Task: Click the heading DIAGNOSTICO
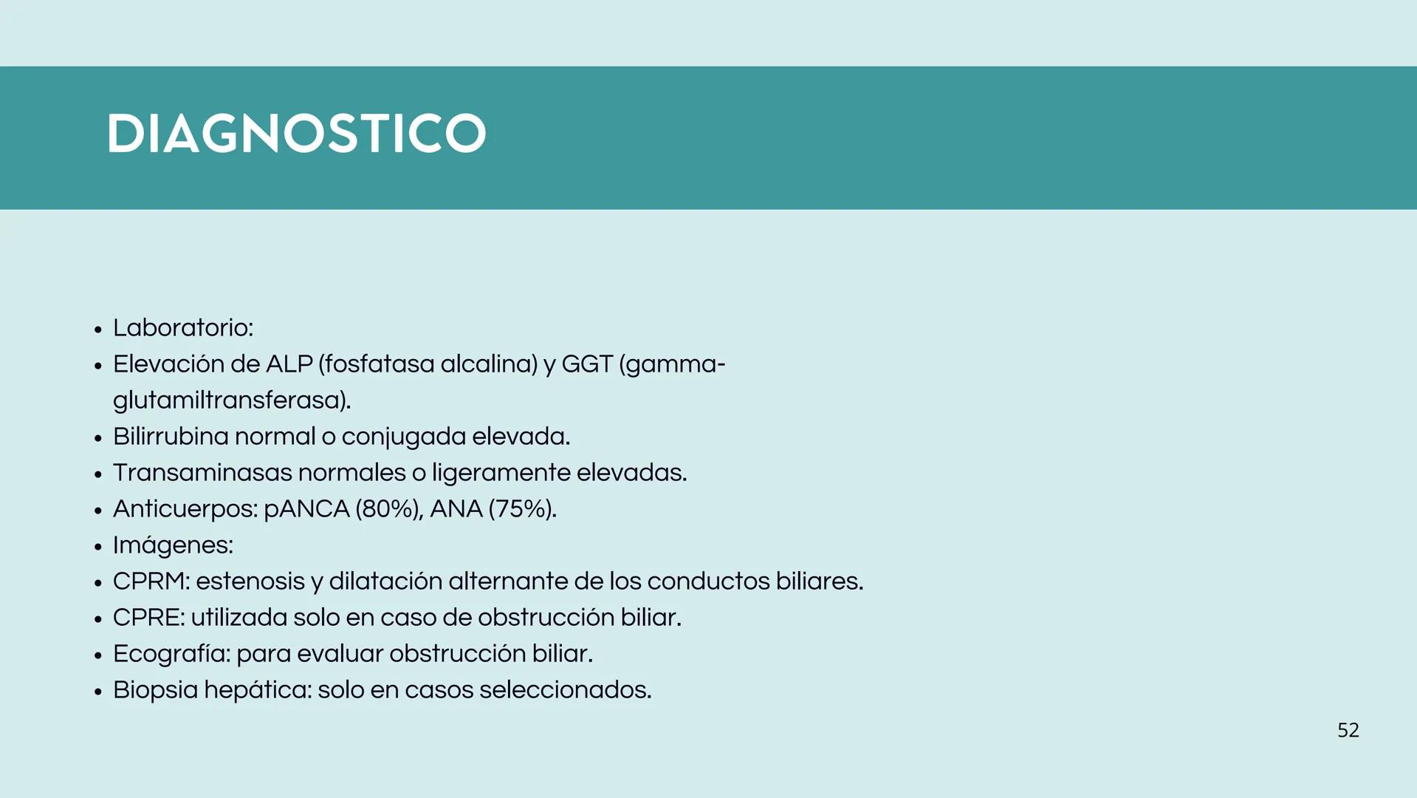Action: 296,134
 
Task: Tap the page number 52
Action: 1348,730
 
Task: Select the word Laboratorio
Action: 181,328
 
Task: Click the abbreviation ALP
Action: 289,364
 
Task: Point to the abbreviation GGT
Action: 587,364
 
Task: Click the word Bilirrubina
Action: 171,437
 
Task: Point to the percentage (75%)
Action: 521,509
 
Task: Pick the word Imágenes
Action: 171,545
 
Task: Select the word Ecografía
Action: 171,654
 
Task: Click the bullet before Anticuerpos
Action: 98,511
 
